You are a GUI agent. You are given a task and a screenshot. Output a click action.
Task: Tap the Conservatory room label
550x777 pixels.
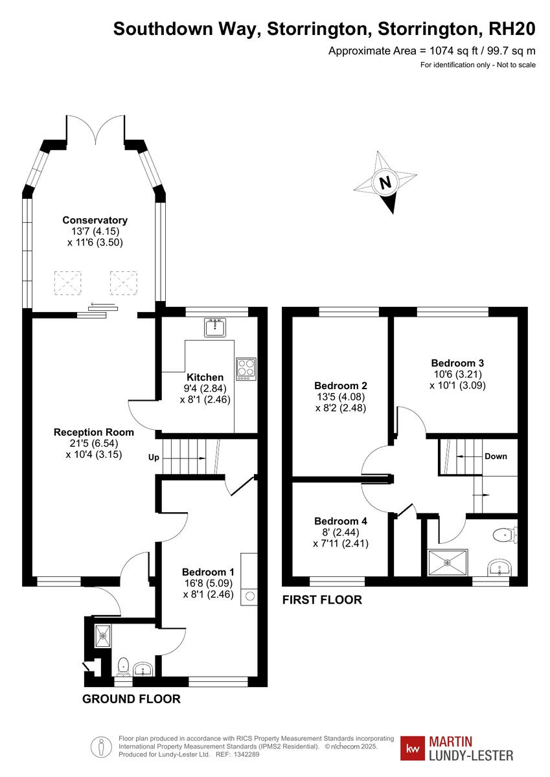click(95, 220)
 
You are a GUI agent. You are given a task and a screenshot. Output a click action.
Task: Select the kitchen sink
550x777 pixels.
click(214, 328)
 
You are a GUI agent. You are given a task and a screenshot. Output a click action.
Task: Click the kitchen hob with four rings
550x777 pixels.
click(246, 368)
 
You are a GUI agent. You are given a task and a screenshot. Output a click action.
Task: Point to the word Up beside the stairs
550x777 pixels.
click(154, 457)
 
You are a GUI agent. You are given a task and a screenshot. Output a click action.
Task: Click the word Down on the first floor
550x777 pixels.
click(496, 456)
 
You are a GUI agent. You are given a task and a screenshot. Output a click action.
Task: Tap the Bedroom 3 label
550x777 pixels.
click(457, 363)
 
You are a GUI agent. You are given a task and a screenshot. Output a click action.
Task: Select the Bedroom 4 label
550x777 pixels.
click(341, 521)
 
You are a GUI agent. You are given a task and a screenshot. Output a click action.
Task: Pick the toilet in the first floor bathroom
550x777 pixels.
click(503, 535)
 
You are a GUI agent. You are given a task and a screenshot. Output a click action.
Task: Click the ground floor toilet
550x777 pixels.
click(123, 666)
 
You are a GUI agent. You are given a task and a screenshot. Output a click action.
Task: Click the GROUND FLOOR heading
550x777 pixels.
click(131, 699)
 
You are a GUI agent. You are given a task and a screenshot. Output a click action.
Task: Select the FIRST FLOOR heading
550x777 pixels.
click(322, 600)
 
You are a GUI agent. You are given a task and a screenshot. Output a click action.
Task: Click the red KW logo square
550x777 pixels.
click(413, 749)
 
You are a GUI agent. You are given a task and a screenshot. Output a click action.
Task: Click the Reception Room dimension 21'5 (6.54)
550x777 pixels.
click(94, 444)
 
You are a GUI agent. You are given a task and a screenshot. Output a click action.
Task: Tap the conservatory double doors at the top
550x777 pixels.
click(95, 129)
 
